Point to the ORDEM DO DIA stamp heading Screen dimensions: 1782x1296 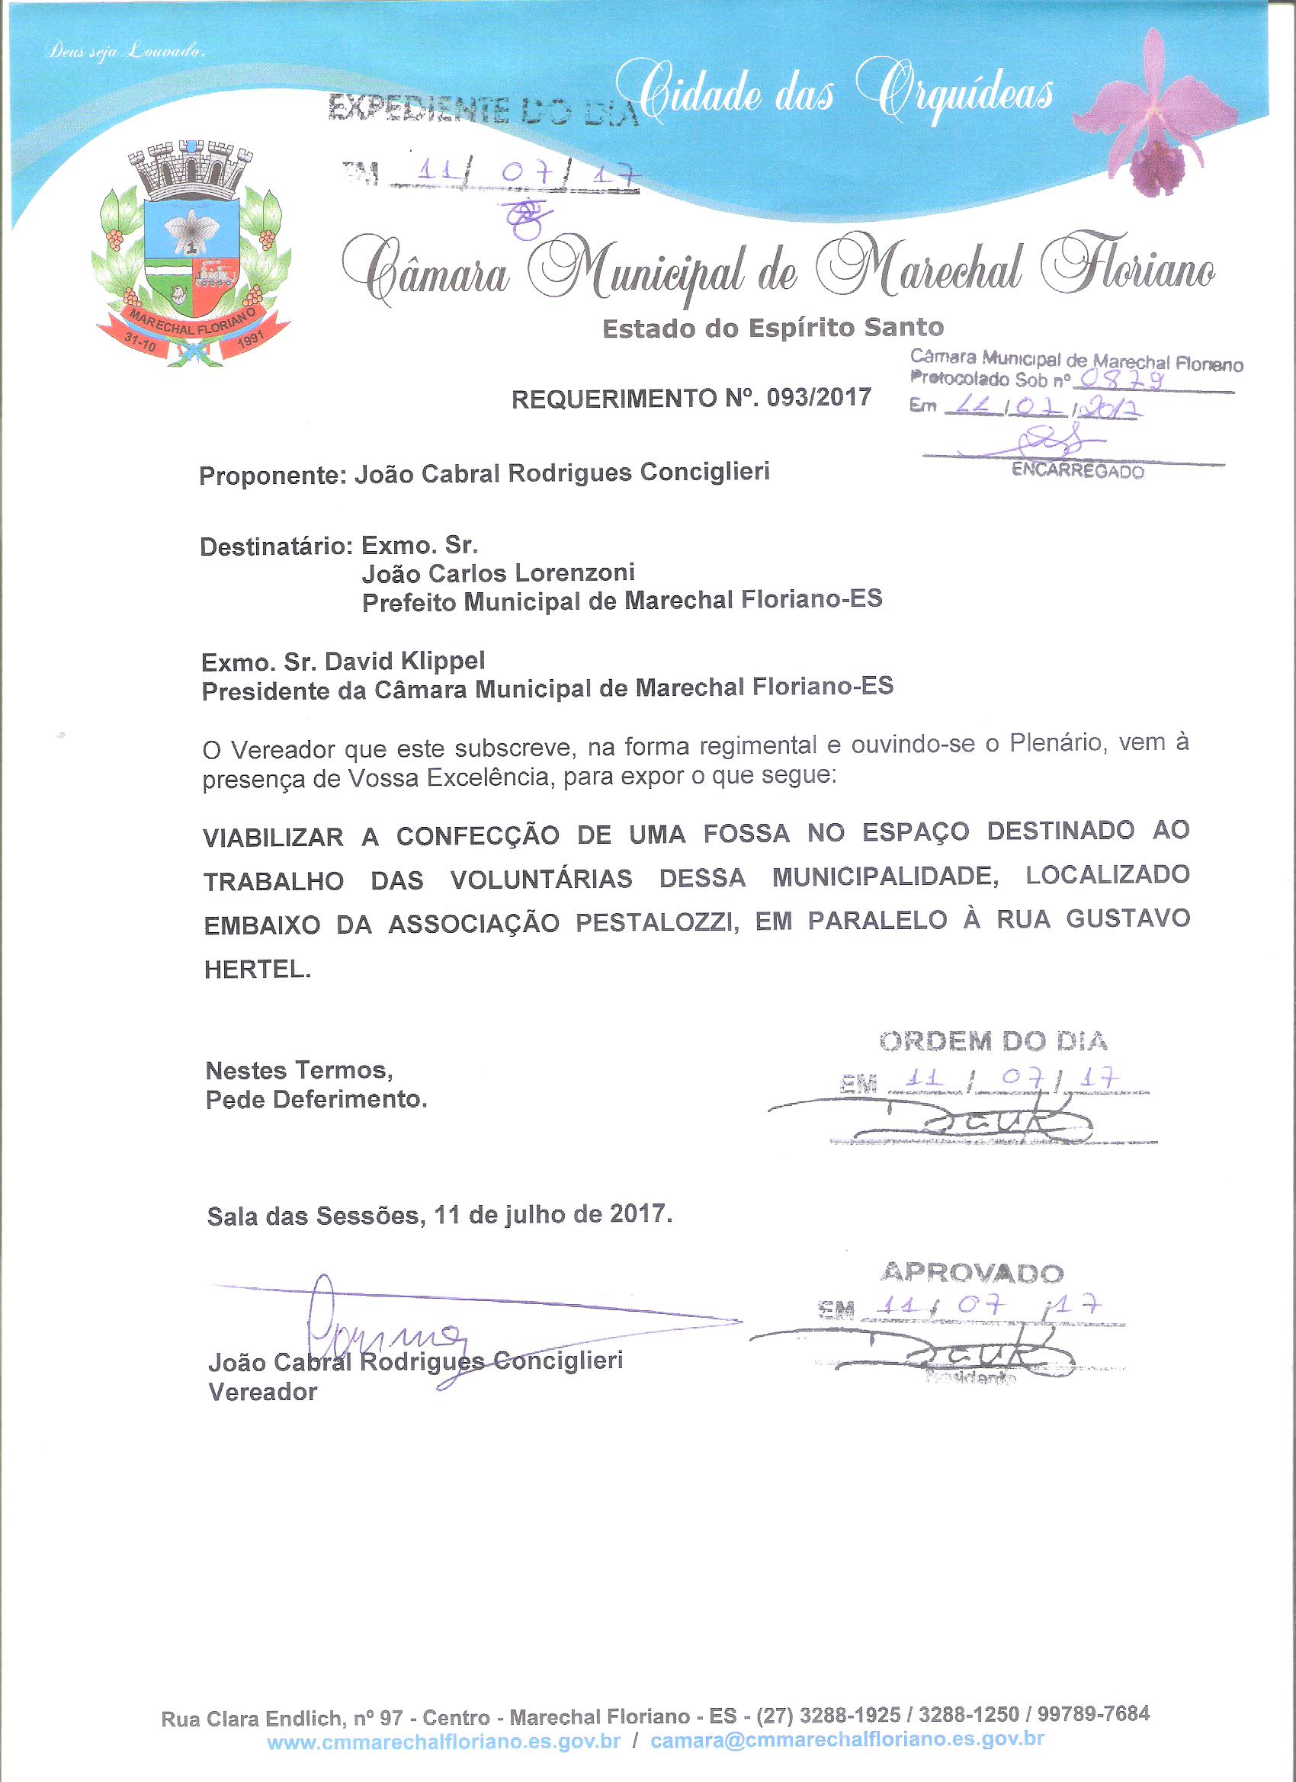[993, 1042]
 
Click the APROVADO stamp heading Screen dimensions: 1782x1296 [973, 1271]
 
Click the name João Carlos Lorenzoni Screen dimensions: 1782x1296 [499, 573]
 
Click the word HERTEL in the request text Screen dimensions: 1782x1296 [258, 970]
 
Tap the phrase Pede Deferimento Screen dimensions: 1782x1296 [316, 1100]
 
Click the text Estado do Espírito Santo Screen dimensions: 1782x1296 [772, 328]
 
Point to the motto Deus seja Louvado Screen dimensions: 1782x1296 [127, 53]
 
